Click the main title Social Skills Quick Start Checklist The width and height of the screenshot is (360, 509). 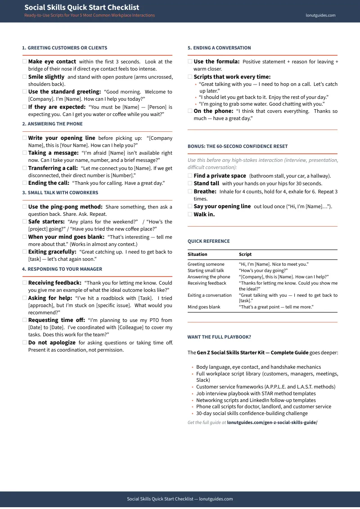click(x=81, y=7)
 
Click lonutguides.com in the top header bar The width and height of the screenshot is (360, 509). click(x=320, y=15)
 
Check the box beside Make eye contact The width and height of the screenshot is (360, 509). click(x=25, y=62)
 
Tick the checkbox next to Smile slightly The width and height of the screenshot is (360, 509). click(x=25, y=77)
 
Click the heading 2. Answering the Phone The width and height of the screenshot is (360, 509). click(x=52, y=124)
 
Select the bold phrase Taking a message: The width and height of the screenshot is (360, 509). click(x=53, y=153)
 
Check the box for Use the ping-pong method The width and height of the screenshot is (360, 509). click(x=25, y=207)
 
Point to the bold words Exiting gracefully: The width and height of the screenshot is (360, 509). click(x=52, y=252)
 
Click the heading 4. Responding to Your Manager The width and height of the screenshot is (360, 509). click(x=62, y=269)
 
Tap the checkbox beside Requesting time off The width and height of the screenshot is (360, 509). click(x=25, y=320)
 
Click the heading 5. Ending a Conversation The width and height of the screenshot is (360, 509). click(x=219, y=48)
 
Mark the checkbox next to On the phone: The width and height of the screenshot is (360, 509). click(x=190, y=111)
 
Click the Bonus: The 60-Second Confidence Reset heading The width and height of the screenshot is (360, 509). click(x=238, y=146)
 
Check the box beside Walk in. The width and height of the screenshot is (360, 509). click(x=190, y=214)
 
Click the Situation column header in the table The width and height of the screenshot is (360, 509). click(x=197, y=254)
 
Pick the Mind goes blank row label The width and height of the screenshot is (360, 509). click(x=204, y=307)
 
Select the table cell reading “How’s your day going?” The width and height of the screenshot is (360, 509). click(x=263, y=271)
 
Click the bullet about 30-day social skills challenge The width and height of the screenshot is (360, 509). click(x=252, y=413)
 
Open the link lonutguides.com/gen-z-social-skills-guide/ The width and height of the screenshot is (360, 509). click(x=272, y=423)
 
